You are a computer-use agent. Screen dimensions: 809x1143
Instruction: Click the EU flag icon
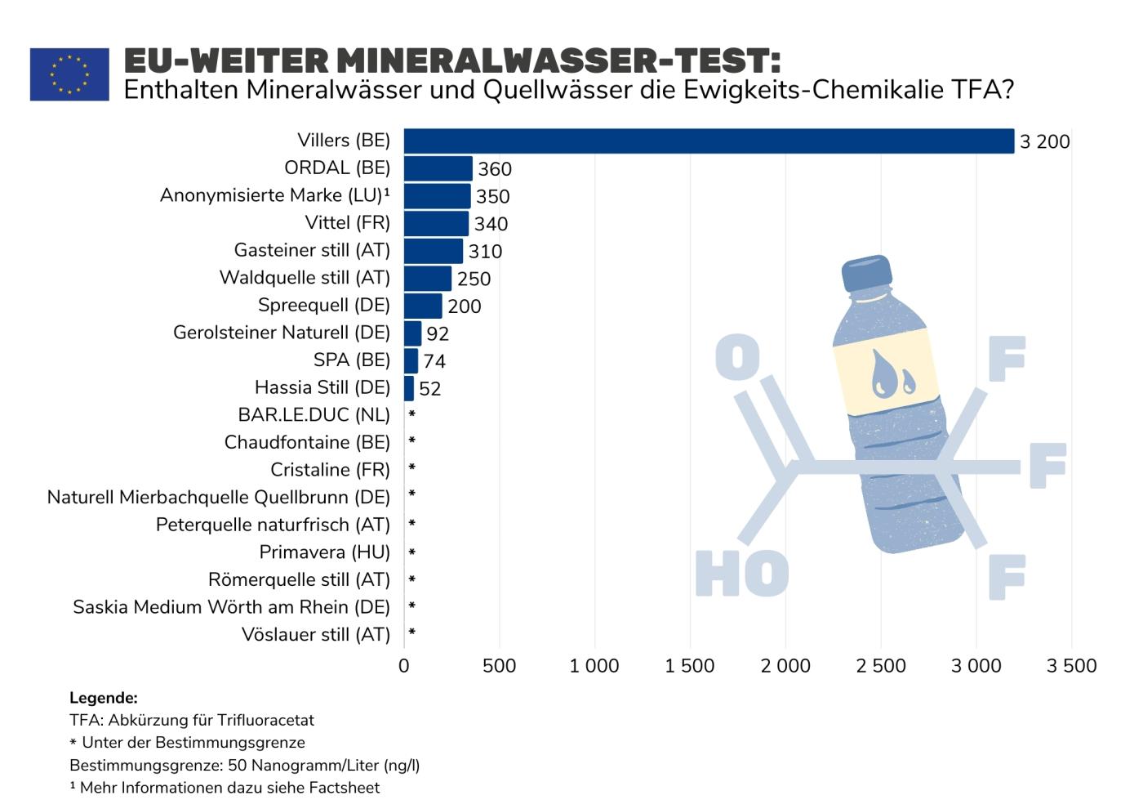point(69,74)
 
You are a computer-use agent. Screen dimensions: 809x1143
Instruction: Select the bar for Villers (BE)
point(708,141)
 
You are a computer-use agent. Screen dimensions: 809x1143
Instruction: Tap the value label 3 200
point(1044,142)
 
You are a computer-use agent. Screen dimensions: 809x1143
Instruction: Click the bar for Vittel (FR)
point(436,223)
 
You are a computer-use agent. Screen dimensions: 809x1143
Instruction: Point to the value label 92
point(438,333)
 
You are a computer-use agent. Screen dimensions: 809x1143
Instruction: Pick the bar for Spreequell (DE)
point(423,306)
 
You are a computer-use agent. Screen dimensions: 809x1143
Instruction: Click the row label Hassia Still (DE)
point(322,387)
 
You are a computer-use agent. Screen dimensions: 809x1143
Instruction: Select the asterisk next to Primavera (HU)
point(412,552)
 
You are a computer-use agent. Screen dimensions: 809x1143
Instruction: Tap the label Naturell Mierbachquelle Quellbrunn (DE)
point(219,497)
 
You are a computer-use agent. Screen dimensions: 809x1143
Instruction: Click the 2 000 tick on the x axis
point(785,666)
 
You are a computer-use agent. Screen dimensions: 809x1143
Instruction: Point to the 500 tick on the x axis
point(499,666)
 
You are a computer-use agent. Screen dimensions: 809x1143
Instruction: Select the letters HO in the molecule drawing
point(742,574)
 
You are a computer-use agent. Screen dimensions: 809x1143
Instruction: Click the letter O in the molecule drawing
point(737,357)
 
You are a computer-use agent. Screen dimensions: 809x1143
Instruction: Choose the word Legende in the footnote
point(103,698)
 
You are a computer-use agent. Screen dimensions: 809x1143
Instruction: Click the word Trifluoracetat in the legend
point(265,720)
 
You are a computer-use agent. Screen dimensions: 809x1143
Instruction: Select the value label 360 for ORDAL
point(495,169)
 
